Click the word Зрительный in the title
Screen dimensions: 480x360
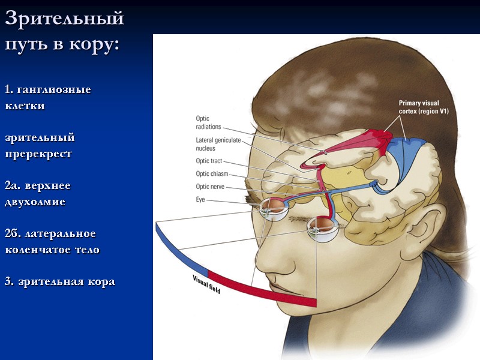64,19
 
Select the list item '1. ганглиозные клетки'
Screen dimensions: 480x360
47,97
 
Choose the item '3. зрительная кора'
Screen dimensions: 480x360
59,281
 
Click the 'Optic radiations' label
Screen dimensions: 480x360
208,122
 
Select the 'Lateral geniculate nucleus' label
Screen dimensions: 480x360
217,144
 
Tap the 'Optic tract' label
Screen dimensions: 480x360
209,161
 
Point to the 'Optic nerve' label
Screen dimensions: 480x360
211,187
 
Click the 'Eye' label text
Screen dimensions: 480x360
200,199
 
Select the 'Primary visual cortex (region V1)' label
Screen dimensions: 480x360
424,107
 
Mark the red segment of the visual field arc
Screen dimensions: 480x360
264,290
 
